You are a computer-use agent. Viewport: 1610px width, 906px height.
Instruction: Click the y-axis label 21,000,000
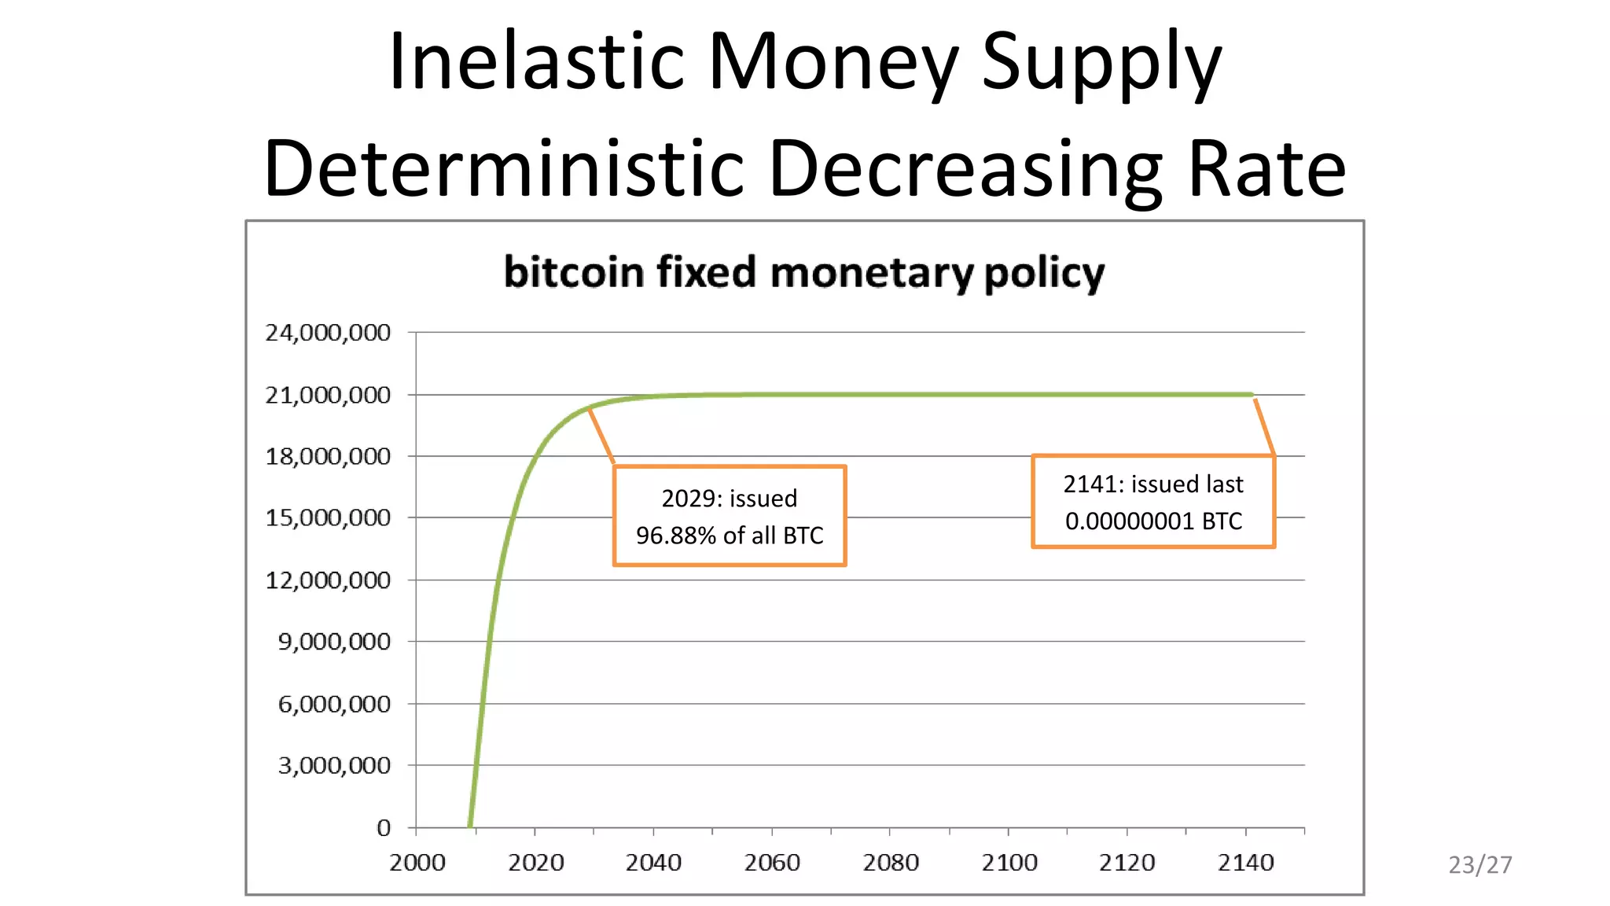[328, 395]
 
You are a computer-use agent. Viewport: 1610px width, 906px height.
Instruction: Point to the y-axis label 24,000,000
[328, 333]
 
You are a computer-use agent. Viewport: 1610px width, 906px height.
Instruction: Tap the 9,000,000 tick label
[334, 642]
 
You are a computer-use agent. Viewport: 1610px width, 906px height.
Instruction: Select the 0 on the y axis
[384, 827]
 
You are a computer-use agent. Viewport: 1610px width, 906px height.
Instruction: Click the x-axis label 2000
[417, 863]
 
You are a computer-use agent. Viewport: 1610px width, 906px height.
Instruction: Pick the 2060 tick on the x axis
[772, 863]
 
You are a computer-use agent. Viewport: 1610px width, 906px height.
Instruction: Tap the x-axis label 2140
[1245, 863]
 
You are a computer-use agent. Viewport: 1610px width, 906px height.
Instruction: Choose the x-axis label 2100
[1009, 863]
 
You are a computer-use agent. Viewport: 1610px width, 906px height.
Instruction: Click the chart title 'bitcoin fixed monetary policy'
[803, 272]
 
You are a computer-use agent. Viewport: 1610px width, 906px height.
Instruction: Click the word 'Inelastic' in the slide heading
[536, 61]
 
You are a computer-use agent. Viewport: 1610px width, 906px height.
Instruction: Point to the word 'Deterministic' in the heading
[503, 168]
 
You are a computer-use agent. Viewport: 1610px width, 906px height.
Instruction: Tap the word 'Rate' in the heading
[1266, 168]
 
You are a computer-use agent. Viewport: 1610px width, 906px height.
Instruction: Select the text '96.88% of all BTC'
[730, 536]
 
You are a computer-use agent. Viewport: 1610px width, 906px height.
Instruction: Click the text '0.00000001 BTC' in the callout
[1153, 521]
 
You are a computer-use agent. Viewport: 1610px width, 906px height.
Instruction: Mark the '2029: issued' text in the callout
[730, 499]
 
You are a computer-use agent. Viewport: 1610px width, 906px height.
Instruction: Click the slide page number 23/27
[1480, 865]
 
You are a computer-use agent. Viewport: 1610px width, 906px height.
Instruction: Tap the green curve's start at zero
[470, 824]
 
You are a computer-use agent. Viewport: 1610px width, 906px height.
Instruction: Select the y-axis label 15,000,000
[328, 518]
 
